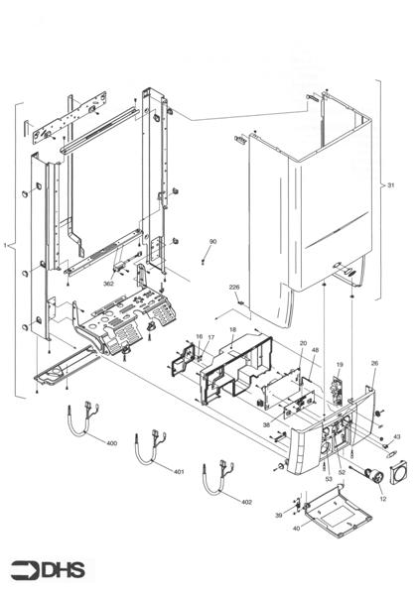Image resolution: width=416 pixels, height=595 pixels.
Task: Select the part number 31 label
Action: [390, 185]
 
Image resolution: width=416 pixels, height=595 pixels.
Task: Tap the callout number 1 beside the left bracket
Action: [7, 244]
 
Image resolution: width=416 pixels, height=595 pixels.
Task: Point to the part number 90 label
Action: [212, 242]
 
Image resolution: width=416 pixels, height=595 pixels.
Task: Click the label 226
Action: [234, 288]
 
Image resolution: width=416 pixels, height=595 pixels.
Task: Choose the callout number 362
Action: [108, 284]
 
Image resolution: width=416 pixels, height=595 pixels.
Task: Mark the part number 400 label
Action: [111, 442]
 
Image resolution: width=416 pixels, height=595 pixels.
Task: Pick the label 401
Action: [179, 472]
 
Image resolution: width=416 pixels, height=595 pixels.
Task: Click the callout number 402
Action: [246, 503]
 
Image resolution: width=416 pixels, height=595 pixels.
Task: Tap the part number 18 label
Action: [232, 329]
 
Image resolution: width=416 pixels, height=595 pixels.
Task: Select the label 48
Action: [315, 350]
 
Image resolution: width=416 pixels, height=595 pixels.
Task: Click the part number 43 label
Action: [396, 436]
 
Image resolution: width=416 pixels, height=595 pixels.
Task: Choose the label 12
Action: [382, 498]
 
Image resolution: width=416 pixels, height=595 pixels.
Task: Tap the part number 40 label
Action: [296, 529]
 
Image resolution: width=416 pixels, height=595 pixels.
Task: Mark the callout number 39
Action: [279, 516]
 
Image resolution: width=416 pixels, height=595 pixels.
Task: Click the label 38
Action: [266, 423]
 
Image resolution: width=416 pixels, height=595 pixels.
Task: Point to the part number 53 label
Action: [328, 479]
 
